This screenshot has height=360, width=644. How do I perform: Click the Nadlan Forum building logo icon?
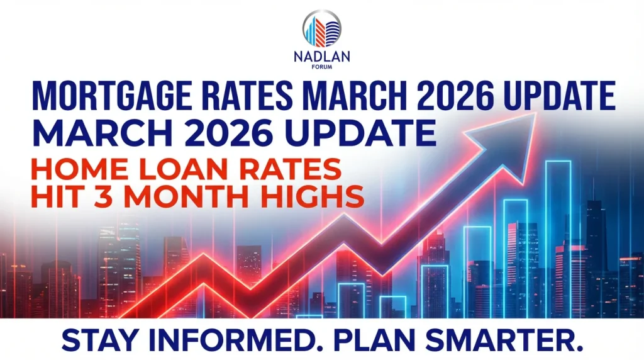pyautogui.click(x=322, y=29)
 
